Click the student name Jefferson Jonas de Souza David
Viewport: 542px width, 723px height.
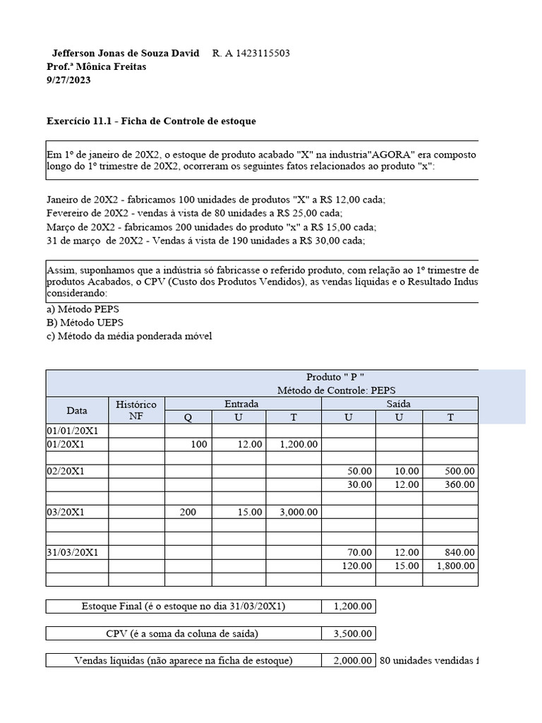126,54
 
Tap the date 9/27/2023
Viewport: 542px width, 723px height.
68,80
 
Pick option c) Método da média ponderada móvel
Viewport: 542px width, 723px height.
129,336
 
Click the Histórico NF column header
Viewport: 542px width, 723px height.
135,410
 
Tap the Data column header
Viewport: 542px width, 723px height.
77,410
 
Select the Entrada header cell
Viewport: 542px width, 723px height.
242,404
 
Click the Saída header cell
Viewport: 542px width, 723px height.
399,404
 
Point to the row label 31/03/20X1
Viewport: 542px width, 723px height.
73,552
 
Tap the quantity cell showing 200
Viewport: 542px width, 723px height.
188,512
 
